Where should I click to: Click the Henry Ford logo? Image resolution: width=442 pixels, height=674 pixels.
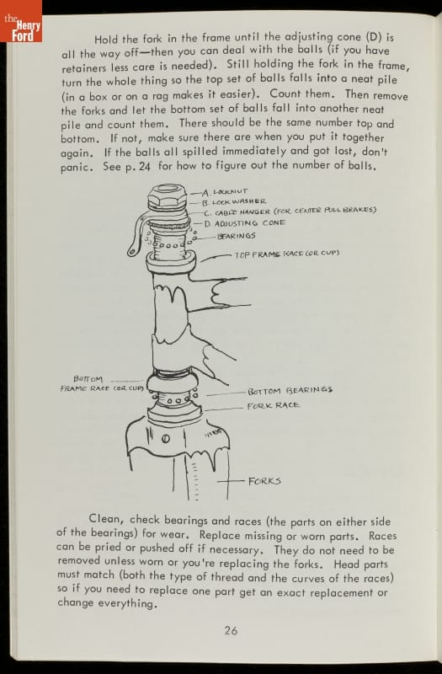tap(21, 22)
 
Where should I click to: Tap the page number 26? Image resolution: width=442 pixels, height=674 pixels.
tap(231, 630)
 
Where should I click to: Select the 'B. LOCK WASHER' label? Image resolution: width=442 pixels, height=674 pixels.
tap(234, 201)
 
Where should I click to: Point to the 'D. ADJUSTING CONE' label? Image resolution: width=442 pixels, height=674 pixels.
tap(244, 223)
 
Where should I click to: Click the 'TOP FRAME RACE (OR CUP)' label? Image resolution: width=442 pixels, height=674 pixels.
tap(287, 254)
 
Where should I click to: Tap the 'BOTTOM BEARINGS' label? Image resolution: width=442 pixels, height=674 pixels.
tap(290, 391)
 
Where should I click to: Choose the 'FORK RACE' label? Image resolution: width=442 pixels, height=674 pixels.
tap(273, 405)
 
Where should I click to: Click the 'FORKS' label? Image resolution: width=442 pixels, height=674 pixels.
tap(264, 481)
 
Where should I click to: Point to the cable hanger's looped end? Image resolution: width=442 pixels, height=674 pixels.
tap(132, 250)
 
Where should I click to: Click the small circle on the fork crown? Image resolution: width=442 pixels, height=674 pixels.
tap(165, 439)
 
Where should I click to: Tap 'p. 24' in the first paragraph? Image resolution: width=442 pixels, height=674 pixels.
tap(137, 167)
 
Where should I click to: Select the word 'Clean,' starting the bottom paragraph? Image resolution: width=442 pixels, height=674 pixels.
tap(107, 519)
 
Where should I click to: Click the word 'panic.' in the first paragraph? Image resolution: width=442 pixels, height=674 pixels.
tap(77, 168)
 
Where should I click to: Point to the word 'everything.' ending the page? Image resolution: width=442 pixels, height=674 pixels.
tap(128, 604)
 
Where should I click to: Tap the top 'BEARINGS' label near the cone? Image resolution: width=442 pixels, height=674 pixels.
tap(237, 236)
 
